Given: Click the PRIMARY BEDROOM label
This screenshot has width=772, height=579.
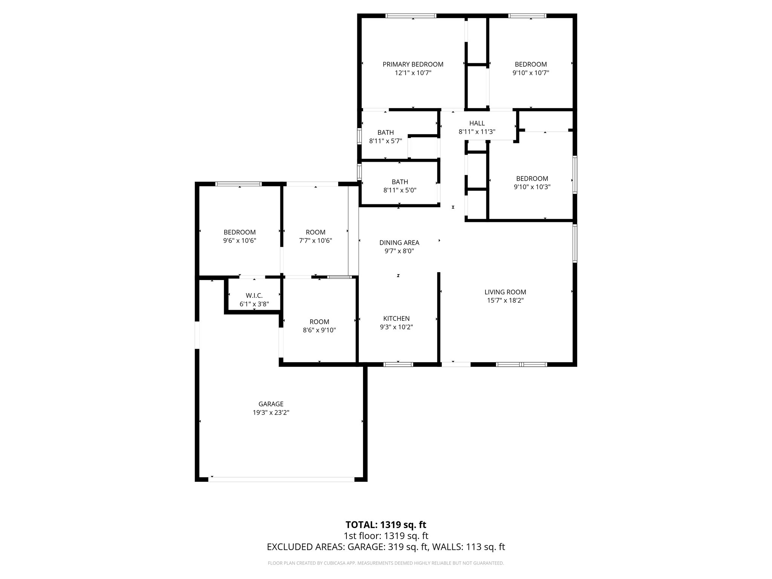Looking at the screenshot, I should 413,64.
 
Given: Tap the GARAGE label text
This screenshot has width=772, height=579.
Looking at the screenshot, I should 271,404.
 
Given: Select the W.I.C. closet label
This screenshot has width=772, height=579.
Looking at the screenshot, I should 254,296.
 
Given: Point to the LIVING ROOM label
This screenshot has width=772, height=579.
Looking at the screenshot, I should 505,292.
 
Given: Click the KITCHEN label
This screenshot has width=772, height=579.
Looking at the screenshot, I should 396,319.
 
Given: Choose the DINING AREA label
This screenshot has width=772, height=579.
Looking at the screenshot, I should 399,243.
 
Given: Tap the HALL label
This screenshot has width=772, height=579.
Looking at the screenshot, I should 477,123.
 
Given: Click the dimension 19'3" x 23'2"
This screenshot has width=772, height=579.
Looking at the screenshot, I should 271,413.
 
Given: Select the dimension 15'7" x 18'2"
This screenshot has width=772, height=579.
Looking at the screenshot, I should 505,300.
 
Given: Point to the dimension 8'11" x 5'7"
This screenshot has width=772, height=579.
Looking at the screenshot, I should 385,141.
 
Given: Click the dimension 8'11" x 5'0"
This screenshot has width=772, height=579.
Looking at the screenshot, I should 400,190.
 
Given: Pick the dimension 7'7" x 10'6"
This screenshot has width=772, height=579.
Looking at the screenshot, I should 316,240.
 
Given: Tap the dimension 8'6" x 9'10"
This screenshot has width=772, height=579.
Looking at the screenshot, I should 319,330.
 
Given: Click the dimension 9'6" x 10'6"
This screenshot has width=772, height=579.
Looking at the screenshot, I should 239,240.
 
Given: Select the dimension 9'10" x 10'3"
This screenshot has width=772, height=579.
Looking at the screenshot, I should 532,187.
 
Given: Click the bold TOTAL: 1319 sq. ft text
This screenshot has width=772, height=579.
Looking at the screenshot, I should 386,525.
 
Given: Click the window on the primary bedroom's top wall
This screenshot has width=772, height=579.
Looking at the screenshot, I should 411,16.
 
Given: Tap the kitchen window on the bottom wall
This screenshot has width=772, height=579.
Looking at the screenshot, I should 398,364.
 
